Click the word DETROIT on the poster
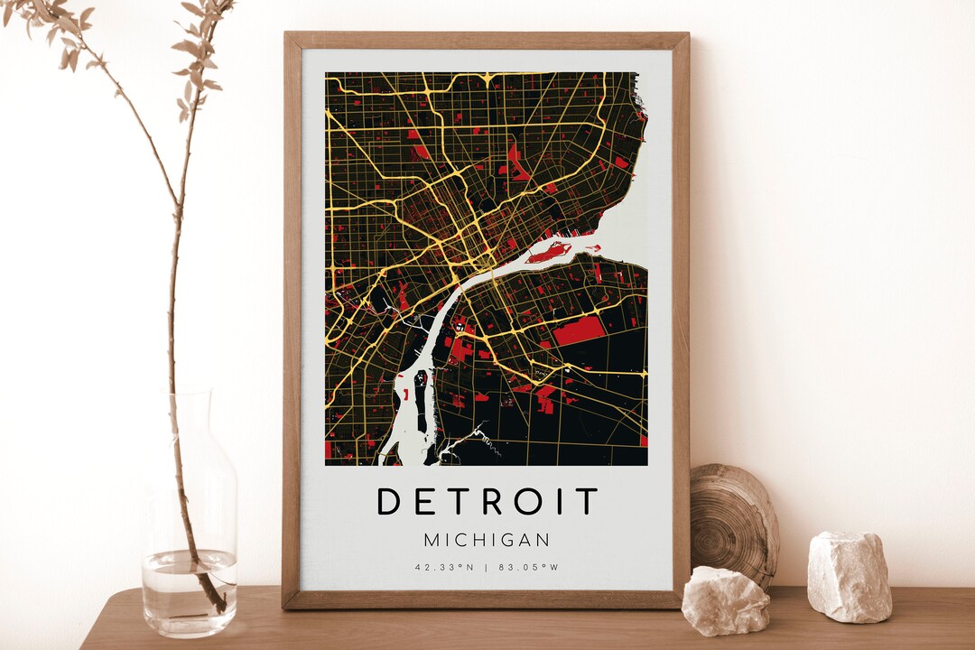pyautogui.click(x=487, y=501)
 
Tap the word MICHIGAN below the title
pyautogui.click(x=487, y=540)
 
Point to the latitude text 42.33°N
pyautogui.click(x=444, y=568)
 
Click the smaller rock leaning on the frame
pyautogui.click(x=725, y=599)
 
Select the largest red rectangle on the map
pyautogui.click(x=578, y=331)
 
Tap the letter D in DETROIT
pyautogui.click(x=388, y=501)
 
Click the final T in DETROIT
pyautogui.click(x=587, y=501)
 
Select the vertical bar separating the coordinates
pyautogui.click(x=487, y=568)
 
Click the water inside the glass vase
pyautogui.click(x=189, y=587)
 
